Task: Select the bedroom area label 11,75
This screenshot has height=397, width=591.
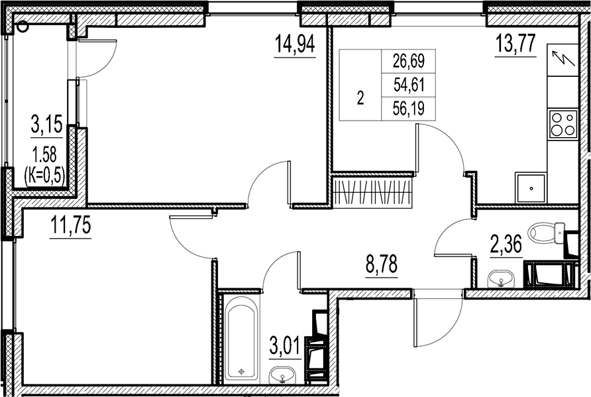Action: (x=70, y=226)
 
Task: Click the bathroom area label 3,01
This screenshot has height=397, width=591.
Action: (x=286, y=346)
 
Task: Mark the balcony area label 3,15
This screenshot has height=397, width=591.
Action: (x=46, y=124)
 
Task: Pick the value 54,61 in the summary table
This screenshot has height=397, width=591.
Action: (x=408, y=84)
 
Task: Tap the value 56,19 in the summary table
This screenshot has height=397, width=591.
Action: (x=408, y=107)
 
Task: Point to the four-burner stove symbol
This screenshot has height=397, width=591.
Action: (x=563, y=124)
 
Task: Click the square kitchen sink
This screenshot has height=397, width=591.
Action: (x=531, y=188)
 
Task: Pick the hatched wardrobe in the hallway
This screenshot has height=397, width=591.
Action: (x=373, y=192)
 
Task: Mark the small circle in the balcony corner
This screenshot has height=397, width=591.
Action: (x=23, y=27)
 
